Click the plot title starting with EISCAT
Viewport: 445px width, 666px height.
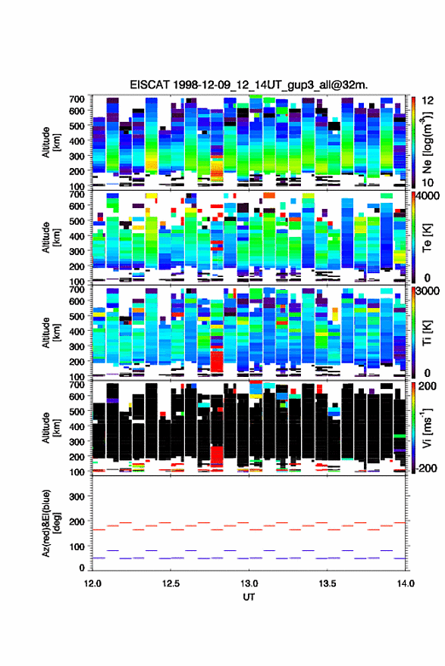point(249,85)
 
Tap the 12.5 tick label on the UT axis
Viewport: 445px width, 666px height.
point(171,584)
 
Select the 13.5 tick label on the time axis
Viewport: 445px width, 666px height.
point(327,584)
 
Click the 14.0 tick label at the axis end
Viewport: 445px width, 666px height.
point(406,584)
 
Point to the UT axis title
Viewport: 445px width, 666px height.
point(249,597)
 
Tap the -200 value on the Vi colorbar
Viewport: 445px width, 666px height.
point(427,468)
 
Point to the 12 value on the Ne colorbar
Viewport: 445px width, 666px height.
point(428,100)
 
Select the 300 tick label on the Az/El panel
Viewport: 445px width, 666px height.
point(77,496)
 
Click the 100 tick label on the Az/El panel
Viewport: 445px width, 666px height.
point(77,546)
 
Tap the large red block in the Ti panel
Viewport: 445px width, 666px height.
point(217,362)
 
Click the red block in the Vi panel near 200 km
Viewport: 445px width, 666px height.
point(217,455)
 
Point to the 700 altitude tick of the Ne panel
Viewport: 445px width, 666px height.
point(77,99)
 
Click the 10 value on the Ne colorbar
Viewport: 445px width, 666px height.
point(428,182)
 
